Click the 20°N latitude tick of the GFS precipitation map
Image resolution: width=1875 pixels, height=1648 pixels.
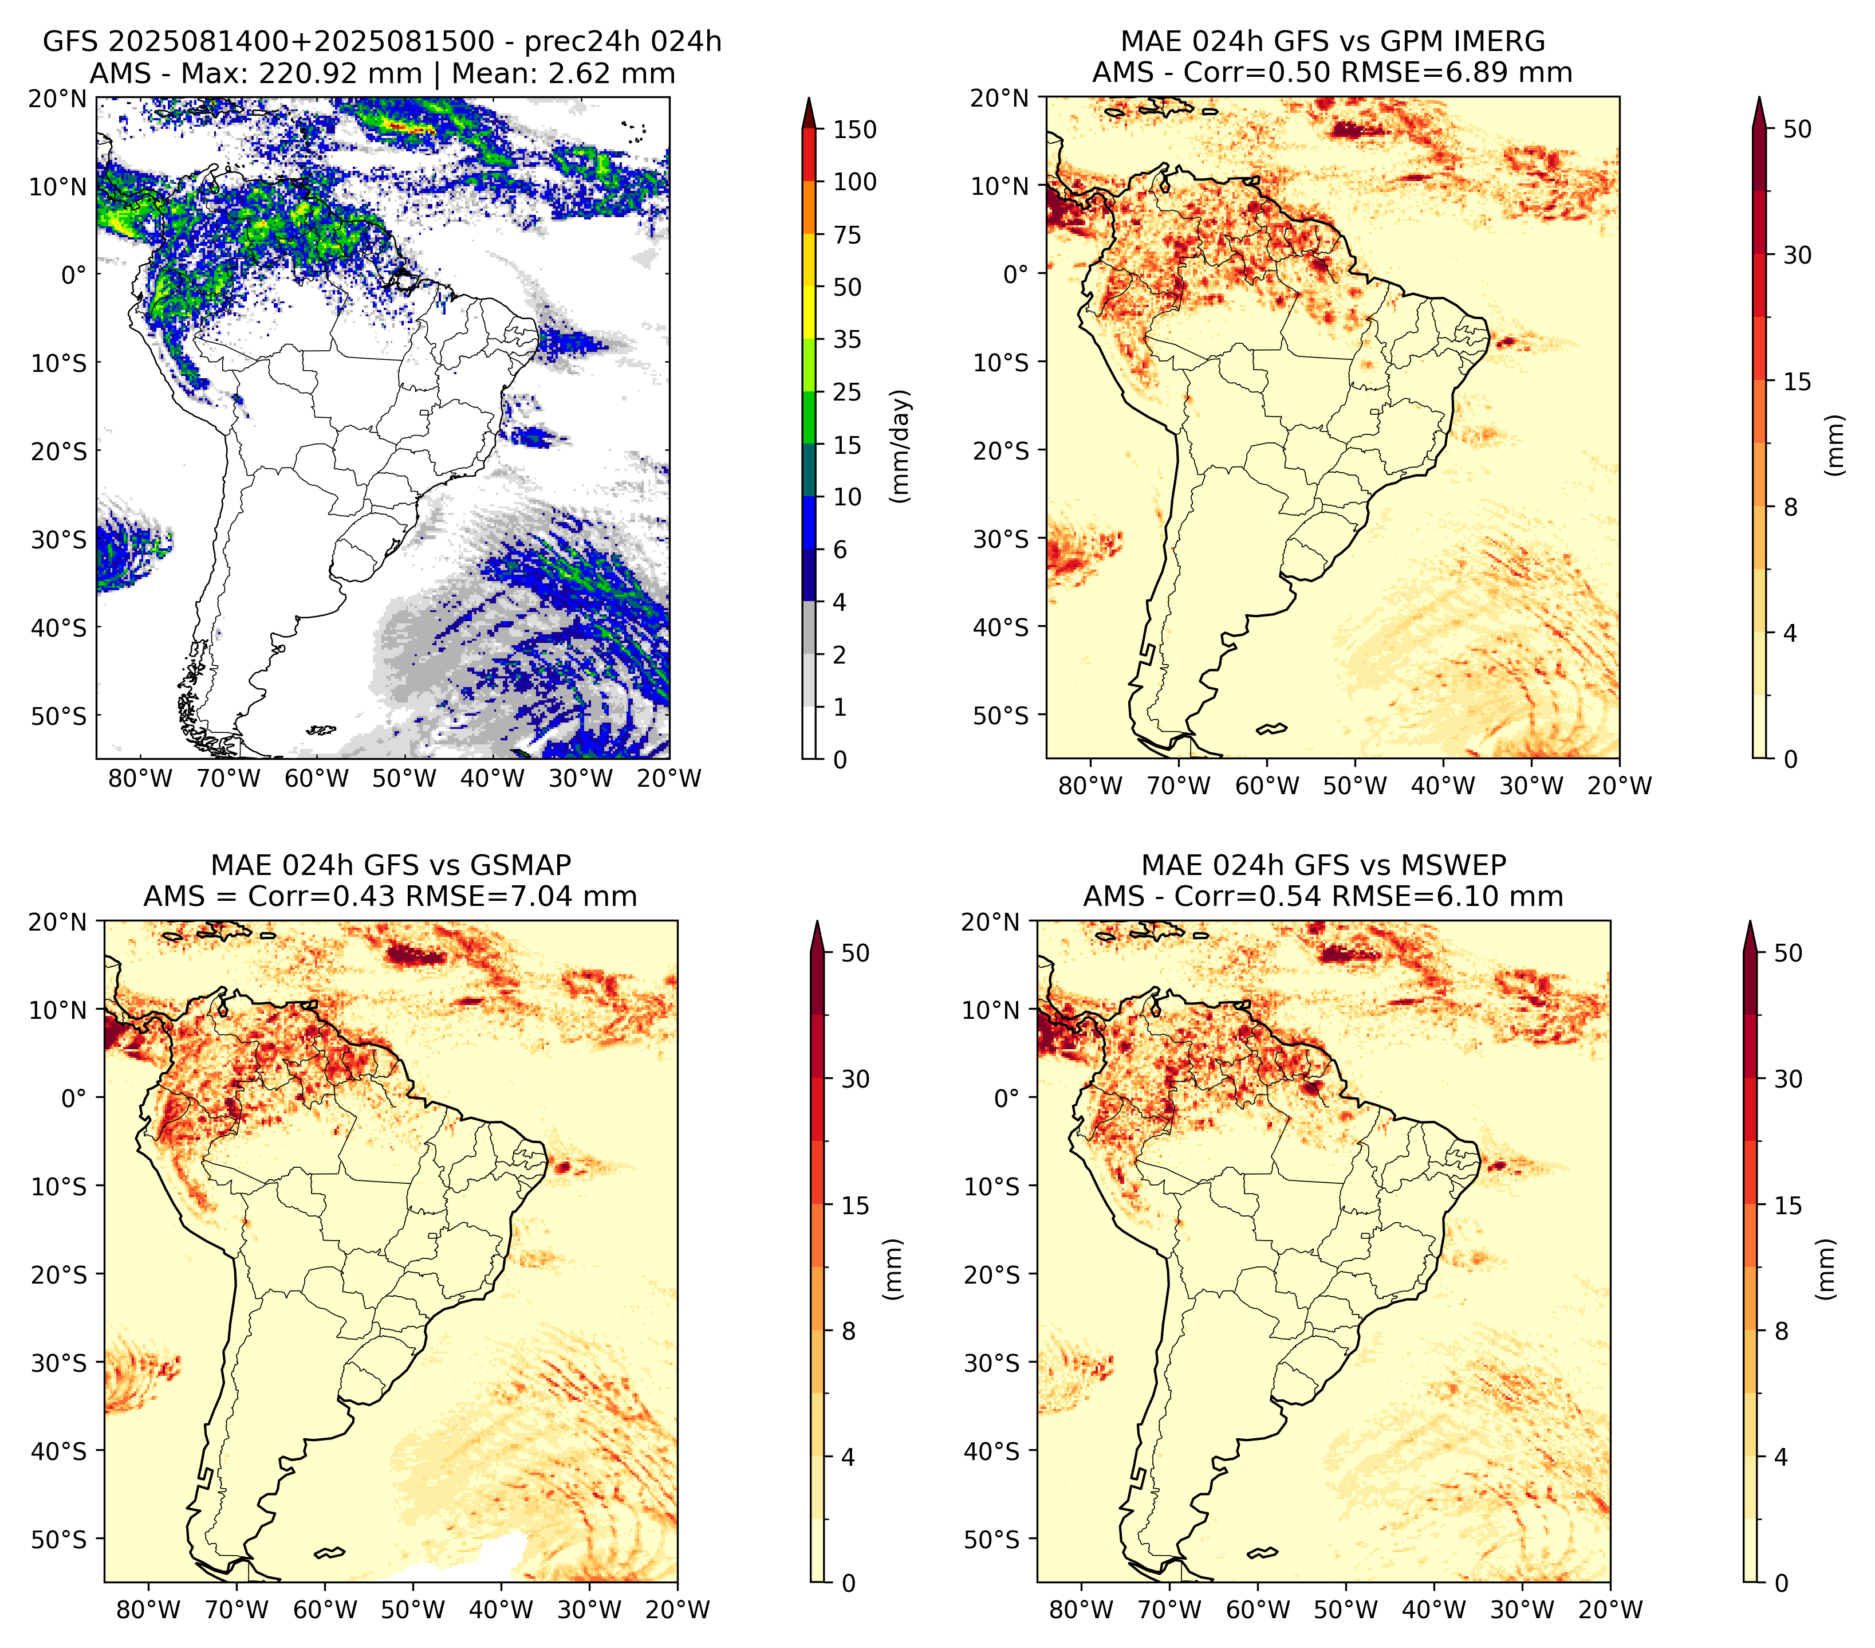click(58, 98)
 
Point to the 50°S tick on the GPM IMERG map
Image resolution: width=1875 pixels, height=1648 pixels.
click(1001, 715)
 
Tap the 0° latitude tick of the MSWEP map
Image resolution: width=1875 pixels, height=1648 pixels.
click(1007, 1097)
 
